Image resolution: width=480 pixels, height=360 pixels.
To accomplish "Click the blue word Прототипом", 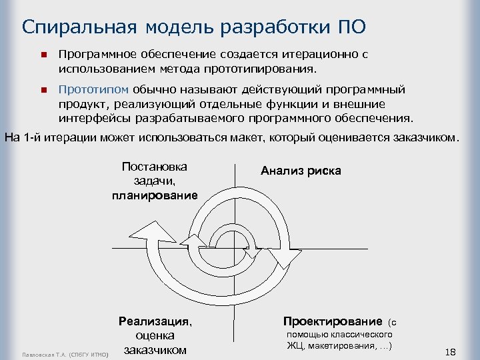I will pyautogui.click(x=93, y=89).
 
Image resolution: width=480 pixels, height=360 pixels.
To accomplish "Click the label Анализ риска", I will pyautogui.click(x=301, y=171).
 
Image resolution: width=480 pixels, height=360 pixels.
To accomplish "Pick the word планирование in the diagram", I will pyautogui.click(x=155, y=195).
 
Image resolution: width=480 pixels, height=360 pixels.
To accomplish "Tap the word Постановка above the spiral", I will pyautogui.click(x=155, y=166).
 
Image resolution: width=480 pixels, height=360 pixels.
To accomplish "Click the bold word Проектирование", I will pyautogui.click(x=333, y=321).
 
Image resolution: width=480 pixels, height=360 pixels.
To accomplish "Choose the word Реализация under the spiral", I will pyautogui.click(x=155, y=321).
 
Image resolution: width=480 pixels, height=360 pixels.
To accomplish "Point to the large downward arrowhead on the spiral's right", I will pyautogui.click(x=285, y=253).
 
